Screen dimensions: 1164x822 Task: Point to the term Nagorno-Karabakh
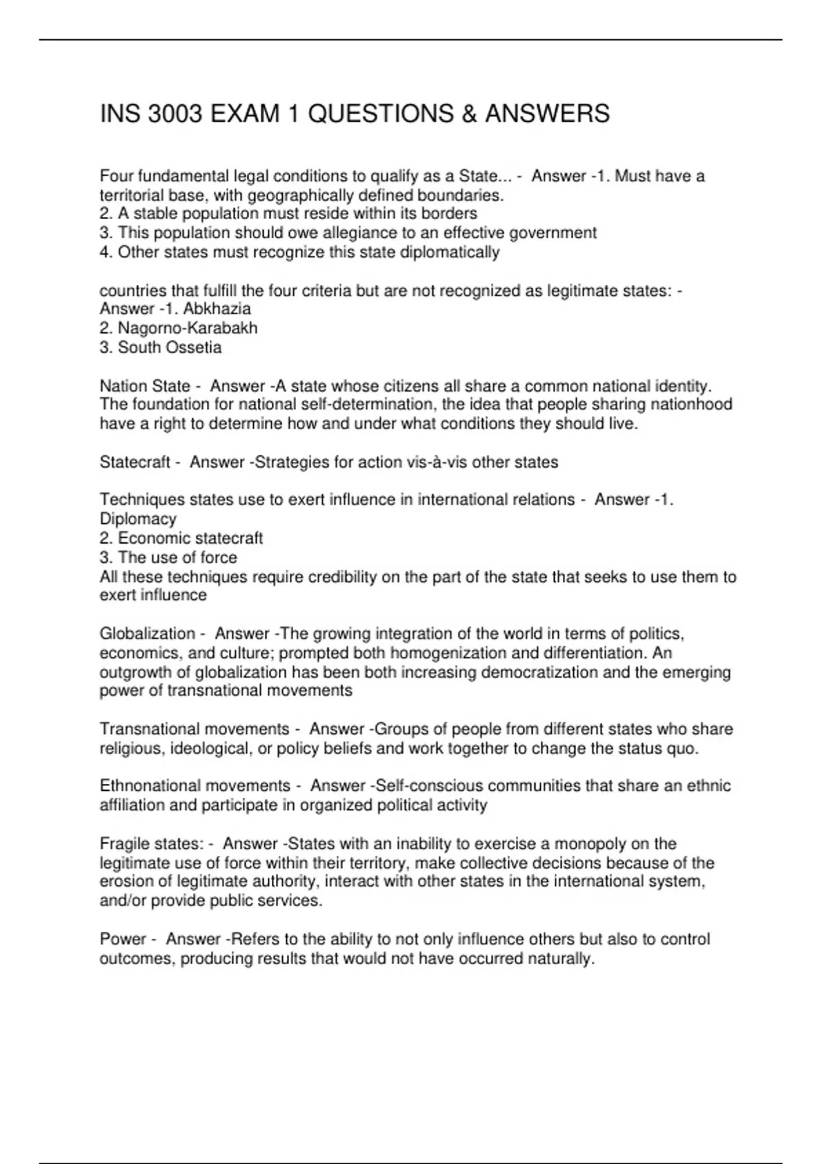click(188, 328)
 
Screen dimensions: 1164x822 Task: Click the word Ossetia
click(194, 347)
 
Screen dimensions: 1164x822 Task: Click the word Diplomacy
click(138, 519)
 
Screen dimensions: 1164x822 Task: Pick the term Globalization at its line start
click(147, 634)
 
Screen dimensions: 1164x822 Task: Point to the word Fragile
click(123, 844)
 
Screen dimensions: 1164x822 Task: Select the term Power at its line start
click(123, 939)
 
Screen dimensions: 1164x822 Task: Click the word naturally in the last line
click(561, 959)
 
